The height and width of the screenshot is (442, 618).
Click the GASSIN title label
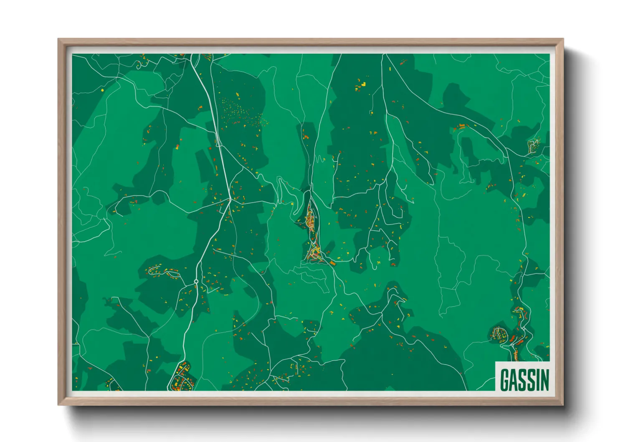[x=524, y=379]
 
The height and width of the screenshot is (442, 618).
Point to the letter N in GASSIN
[x=544, y=379]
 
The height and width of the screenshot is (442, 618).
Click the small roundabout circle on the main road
[x=196, y=282]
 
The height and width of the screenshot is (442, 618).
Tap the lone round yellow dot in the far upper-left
[x=102, y=89]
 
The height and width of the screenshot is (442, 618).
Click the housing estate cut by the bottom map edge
[x=182, y=379]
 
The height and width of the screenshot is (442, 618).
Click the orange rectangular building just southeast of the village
[x=333, y=263]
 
